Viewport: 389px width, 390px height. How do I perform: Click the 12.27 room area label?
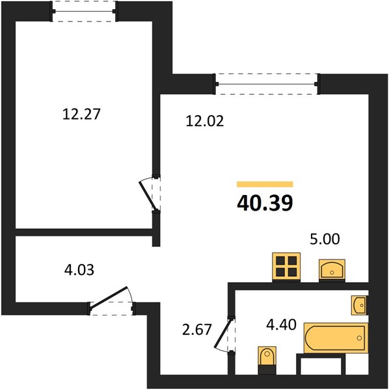[81, 114]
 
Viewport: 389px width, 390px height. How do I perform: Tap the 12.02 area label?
[205, 121]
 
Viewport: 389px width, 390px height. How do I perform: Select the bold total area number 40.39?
[265, 203]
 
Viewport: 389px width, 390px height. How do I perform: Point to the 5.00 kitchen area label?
[325, 239]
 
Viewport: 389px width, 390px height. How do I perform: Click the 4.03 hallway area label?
[79, 270]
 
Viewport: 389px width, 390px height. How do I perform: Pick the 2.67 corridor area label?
[197, 330]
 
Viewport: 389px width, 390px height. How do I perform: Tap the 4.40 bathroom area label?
[281, 324]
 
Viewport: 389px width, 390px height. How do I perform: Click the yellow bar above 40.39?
[265, 184]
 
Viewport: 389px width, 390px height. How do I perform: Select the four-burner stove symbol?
[286, 267]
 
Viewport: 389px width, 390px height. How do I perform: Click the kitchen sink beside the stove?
[332, 270]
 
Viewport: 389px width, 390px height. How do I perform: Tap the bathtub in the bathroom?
[336, 338]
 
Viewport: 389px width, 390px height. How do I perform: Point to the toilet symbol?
[267, 360]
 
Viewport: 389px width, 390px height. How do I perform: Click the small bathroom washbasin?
[359, 305]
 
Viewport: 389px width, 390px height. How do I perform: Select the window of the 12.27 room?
[84, 12]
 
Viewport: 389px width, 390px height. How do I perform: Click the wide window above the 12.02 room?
[267, 84]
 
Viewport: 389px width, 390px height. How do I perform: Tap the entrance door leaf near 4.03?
[109, 298]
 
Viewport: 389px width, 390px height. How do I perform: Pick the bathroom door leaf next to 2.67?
[224, 333]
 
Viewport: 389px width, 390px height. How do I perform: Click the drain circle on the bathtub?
[359, 338]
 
